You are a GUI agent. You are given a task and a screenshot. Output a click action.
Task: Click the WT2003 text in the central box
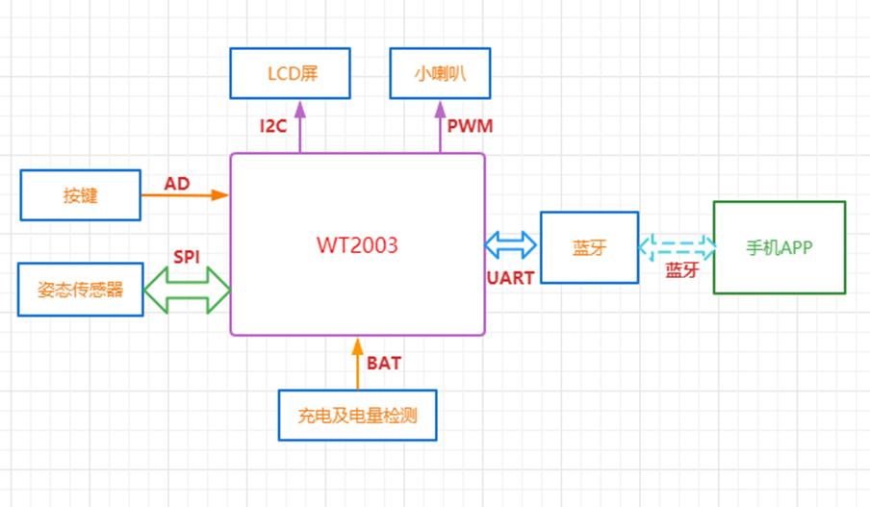coord(357,244)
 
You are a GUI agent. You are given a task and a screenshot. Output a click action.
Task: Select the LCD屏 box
coord(291,74)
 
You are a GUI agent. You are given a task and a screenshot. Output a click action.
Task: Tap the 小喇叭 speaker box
coord(440,74)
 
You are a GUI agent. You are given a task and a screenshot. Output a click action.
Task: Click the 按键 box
coord(81,195)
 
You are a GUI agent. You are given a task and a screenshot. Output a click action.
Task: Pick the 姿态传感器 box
coord(81,289)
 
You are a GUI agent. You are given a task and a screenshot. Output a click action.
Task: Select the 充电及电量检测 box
coord(357,416)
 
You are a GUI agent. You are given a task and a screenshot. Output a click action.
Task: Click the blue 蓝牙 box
coord(589,247)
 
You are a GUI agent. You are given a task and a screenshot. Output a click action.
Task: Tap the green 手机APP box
coord(779,247)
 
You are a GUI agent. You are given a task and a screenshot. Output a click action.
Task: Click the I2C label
coord(273,125)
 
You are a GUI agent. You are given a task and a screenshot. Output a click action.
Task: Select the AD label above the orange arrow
coord(176,183)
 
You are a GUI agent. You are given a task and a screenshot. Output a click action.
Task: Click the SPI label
coord(187,257)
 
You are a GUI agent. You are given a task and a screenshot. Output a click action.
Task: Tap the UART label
coord(510,277)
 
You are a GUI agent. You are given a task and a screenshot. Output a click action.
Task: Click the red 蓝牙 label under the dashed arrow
coord(681,270)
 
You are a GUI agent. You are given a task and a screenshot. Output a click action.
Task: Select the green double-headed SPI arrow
coord(187,289)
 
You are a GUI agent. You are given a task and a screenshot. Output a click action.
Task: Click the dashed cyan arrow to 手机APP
coord(677,247)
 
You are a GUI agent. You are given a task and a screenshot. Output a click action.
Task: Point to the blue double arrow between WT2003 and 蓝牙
coord(510,245)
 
